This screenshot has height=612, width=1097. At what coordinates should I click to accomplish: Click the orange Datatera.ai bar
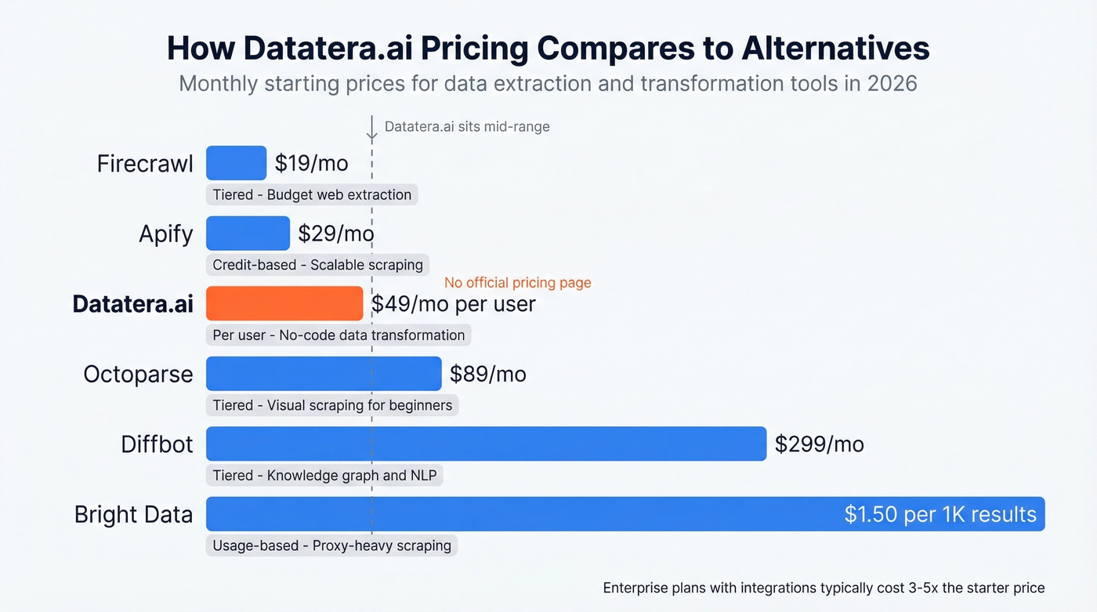coord(284,303)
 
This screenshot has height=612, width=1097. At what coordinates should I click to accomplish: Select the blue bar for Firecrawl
coord(236,163)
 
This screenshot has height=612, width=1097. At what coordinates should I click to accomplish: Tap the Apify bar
coord(248,234)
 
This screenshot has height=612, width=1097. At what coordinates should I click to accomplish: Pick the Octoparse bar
coord(324,374)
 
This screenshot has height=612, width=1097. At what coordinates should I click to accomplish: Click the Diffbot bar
coord(486,444)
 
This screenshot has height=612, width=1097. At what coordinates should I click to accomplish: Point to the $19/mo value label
coord(311,164)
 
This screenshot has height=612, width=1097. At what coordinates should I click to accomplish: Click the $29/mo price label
coord(335,234)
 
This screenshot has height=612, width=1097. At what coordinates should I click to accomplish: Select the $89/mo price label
coord(487,375)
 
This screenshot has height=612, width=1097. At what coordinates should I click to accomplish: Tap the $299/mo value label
coord(819,444)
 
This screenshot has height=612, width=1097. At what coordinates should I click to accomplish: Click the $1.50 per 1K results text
coord(940,514)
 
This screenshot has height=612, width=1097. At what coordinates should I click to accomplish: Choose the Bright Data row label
coord(133,514)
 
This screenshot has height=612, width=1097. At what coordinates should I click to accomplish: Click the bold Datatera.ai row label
coord(132,304)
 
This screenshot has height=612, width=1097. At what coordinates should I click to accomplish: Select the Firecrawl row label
coord(145,164)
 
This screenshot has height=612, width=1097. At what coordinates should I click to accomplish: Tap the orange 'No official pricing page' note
coord(517,283)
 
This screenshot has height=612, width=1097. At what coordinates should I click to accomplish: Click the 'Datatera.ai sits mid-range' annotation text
coord(467,126)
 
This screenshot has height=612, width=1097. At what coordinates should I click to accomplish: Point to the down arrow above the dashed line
coord(372,128)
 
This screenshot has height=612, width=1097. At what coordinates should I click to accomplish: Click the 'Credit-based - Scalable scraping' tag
coord(317,265)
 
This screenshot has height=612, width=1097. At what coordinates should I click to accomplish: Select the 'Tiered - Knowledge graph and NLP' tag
coord(324,476)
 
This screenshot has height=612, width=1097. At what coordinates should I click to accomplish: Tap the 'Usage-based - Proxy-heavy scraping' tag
coord(331,545)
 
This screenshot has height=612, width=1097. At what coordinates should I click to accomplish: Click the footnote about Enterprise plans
coord(824,588)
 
